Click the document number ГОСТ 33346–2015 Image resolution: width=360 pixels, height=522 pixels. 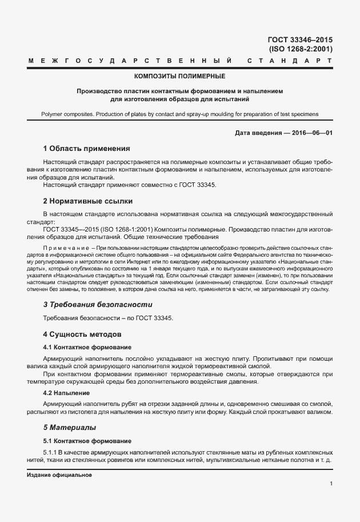[300, 40]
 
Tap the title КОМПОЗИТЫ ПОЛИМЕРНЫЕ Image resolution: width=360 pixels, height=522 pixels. [179, 76]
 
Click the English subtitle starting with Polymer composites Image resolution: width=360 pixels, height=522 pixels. [179, 114]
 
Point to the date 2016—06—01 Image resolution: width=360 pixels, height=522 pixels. [312, 133]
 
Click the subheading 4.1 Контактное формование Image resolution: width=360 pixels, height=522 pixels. [87, 347]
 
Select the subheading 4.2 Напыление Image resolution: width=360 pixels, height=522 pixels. [66, 393]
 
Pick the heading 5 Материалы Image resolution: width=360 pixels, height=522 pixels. [70, 427]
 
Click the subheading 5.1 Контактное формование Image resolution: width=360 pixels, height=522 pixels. [87, 441]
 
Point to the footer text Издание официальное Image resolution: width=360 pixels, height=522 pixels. [59, 475]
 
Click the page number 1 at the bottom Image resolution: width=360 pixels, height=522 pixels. [331, 484]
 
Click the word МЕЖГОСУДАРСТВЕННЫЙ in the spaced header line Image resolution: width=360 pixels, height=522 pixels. [130, 60]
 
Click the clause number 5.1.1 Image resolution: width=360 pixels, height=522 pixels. [51, 452]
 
